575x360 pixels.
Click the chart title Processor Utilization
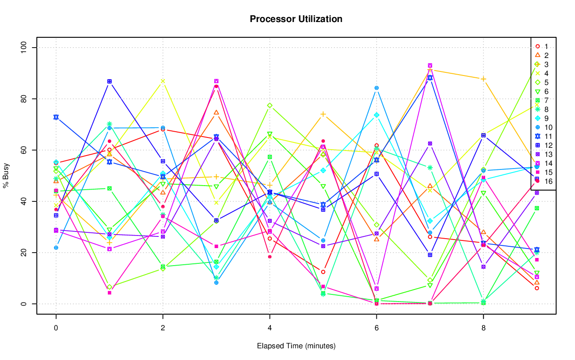point(296,19)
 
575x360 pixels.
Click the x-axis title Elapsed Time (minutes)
point(296,346)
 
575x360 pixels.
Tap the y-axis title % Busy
point(6,176)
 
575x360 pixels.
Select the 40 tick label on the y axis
point(24,201)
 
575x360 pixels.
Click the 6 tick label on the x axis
point(376,329)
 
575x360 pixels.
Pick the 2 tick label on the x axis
point(163,329)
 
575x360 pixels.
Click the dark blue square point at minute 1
point(109,81)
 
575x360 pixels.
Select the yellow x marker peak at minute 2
point(163,81)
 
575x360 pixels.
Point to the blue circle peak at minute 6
point(376,88)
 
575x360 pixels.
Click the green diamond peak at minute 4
point(270,106)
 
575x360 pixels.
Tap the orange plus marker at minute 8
point(483,79)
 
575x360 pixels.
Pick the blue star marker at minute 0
point(56,117)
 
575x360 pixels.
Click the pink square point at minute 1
point(109,293)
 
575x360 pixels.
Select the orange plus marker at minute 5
point(323,114)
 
